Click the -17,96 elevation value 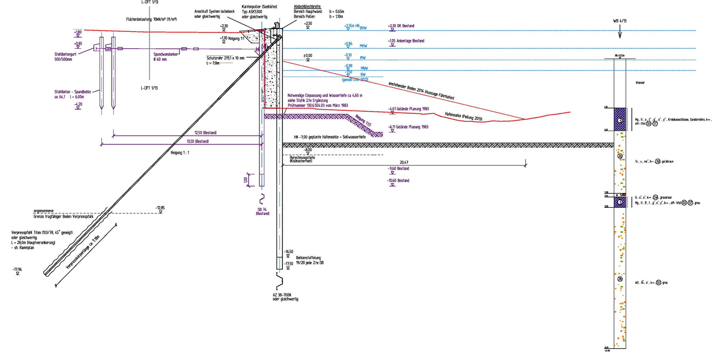17,270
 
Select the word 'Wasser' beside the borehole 641,82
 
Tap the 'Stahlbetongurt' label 67,54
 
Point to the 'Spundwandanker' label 156,54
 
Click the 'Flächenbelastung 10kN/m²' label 151,19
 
